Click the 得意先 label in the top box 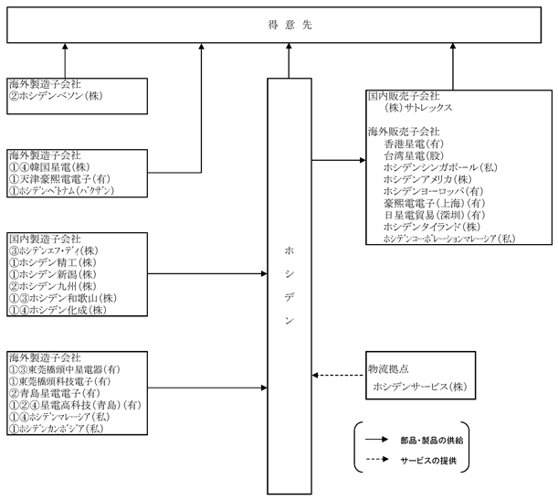(x=290, y=25)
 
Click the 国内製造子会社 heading (x=45, y=239)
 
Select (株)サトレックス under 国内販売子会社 (x=418, y=108)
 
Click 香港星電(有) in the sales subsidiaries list (x=415, y=144)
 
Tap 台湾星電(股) (x=415, y=155)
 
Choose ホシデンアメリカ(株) (x=427, y=179)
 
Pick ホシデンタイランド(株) (x=432, y=227)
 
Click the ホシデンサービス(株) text (x=420, y=387)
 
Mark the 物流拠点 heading (x=388, y=369)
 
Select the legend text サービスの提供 (x=428, y=461)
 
